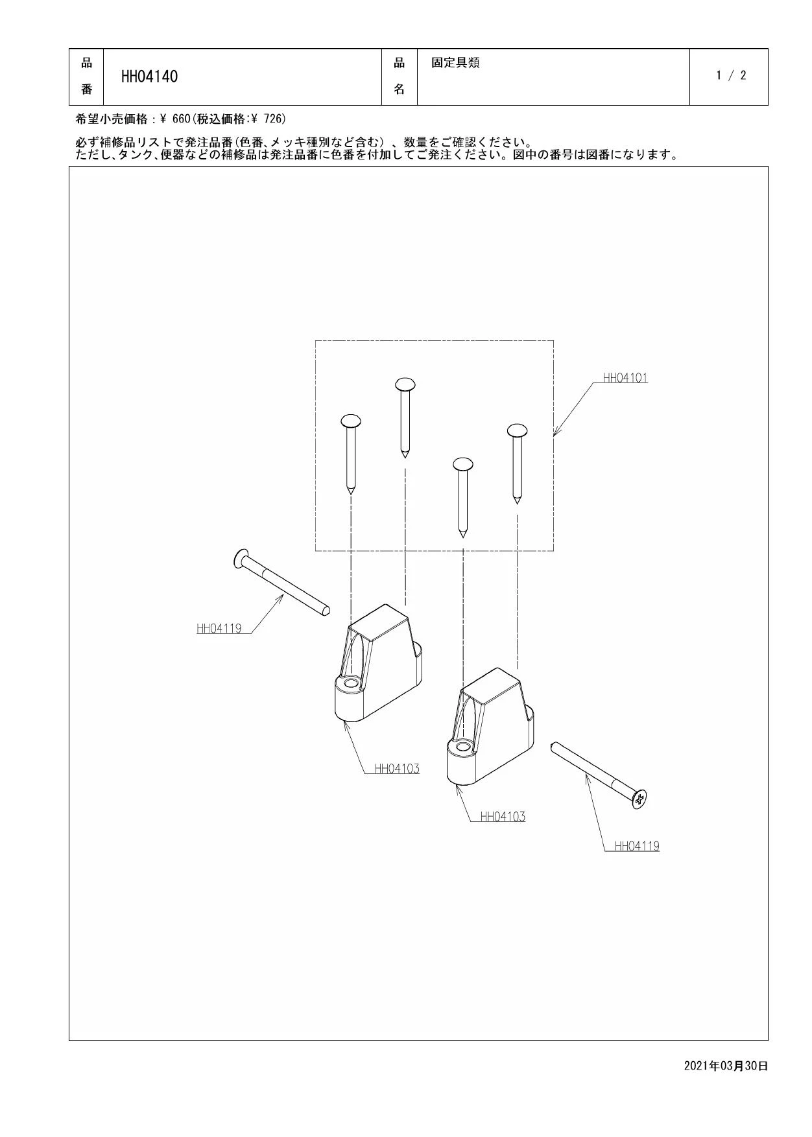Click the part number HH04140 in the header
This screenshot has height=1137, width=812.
149,76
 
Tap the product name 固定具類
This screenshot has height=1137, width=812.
455,63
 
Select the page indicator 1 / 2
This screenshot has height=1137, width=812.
731,75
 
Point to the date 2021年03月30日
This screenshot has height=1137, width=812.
726,1066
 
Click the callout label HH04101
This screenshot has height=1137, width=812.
625,378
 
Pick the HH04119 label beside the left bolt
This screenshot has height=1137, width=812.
219,628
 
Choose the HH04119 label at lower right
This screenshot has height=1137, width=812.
637,846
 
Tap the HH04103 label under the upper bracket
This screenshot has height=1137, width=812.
397,769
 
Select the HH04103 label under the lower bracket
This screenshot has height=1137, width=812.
503,817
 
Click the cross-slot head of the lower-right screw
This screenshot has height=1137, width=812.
639,799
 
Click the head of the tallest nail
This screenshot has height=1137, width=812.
405,384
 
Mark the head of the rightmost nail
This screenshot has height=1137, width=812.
517,430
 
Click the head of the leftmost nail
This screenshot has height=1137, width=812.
350,421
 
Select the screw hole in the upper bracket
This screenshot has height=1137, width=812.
351,683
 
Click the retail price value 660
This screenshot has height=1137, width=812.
182,119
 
